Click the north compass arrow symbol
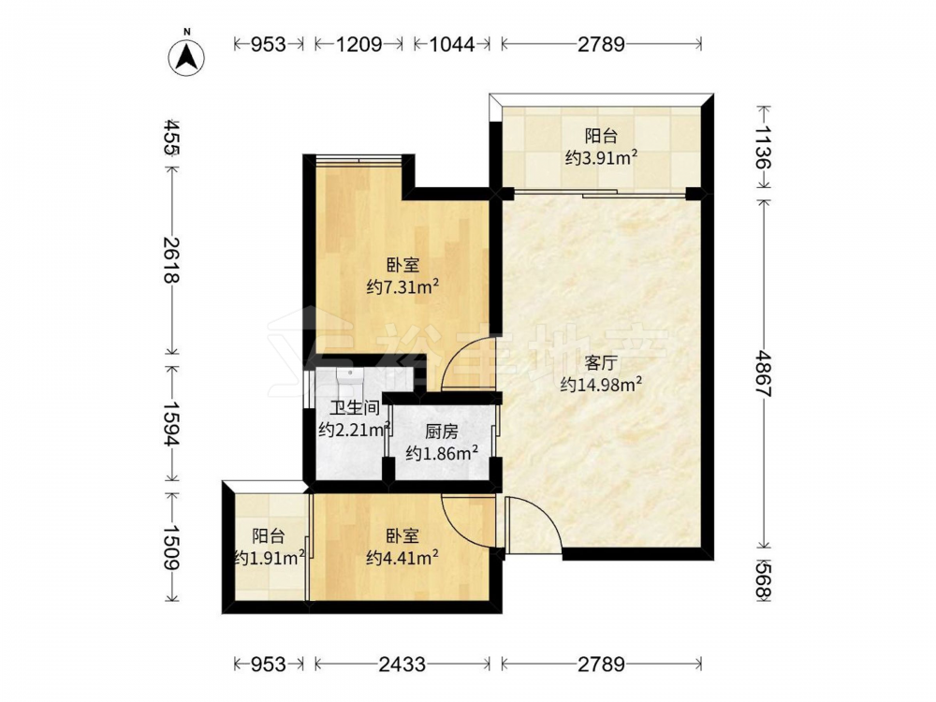click(x=186, y=57)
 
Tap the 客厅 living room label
click(x=601, y=363)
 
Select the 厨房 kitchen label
click(x=441, y=431)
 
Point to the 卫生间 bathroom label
click(x=355, y=408)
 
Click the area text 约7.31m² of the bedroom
click(x=402, y=287)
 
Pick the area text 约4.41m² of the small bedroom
click(x=402, y=558)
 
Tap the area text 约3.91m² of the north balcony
click(x=601, y=157)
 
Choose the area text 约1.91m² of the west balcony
click(x=270, y=558)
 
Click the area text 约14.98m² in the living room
click(x=601, y=385)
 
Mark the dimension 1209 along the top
click(x=359, y=44)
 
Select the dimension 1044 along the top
click(x=452, y=44)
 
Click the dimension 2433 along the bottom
click(x=402, y=664)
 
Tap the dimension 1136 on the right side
click(x=764, y=147)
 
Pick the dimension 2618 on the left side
click(x=172, y=259)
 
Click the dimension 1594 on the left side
click(x=172, y=423)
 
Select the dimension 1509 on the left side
click(x=172, y=548)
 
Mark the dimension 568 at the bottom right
click(x=764, y=580)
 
